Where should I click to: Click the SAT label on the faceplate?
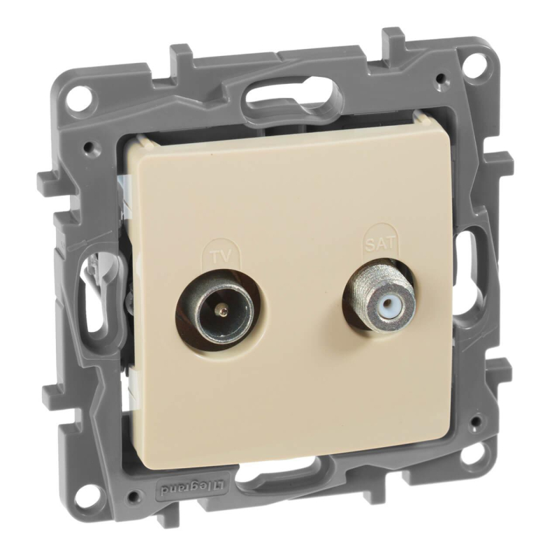point(380,243)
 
